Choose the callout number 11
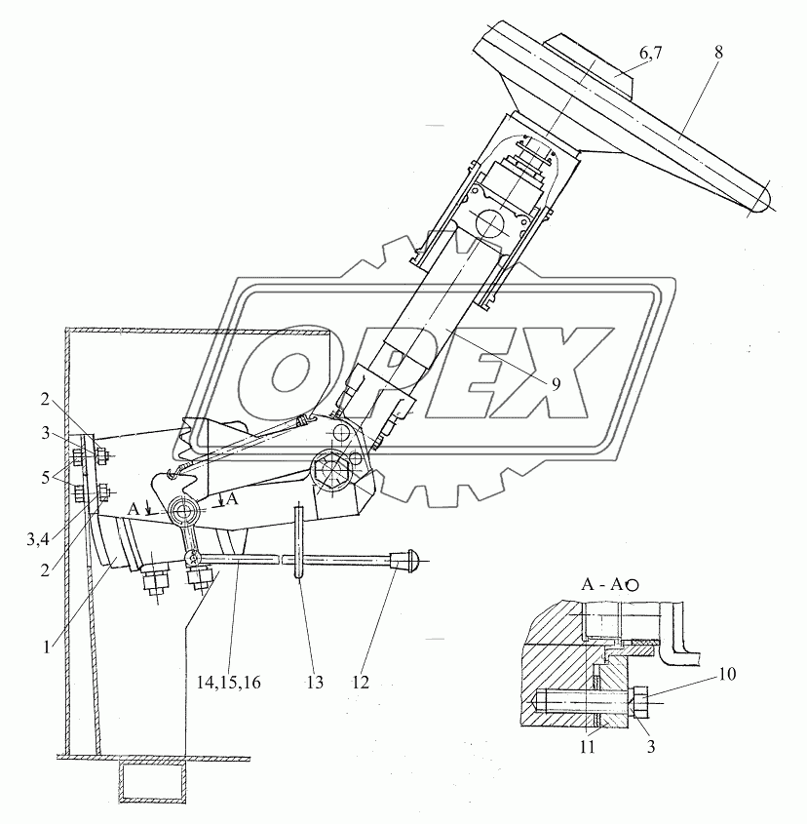[584, 749]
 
